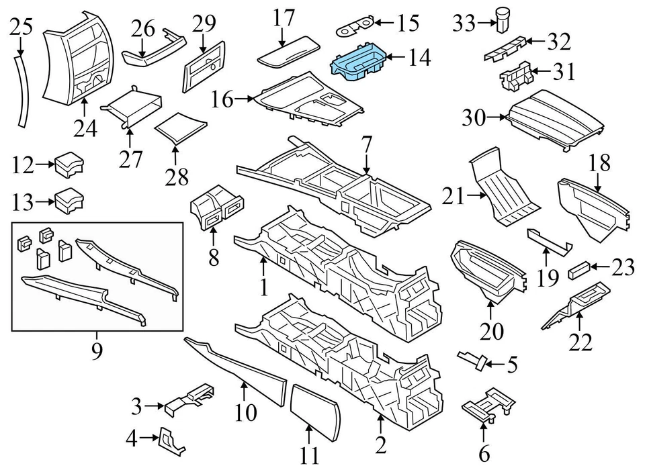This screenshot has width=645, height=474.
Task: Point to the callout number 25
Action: (21, 27)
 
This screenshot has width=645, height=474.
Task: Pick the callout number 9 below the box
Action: (97, 350)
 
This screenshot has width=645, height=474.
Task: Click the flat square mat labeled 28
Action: (180, 128)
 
